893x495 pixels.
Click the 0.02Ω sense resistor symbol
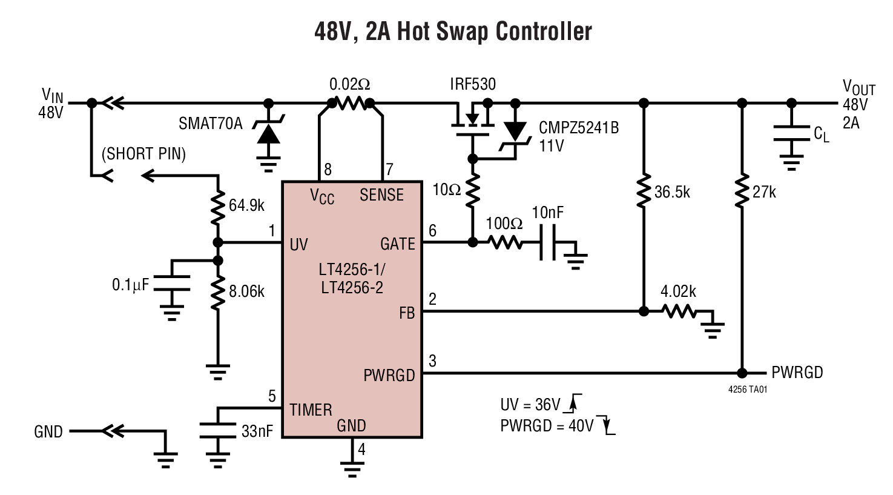point(351,103)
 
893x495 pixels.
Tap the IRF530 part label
point(472,84)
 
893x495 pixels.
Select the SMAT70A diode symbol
point(269,131)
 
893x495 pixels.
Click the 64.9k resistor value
point(246,205)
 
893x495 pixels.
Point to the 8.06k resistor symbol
point(218,291)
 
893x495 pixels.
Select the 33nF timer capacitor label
point(257,431)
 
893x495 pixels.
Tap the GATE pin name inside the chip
point(397,244)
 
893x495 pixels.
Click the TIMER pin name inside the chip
point(311,410)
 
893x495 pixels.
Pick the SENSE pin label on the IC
point(381,195)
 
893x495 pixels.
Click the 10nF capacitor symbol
point(549,243)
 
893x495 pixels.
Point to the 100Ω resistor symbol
point(505,242)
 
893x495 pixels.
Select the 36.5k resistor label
point(672,193)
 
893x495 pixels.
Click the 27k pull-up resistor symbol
point(741,192)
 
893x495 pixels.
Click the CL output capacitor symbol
point(791,134)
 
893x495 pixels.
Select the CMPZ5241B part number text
point(579,128)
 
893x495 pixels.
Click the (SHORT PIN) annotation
point(143,154)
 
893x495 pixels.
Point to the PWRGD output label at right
point(797,373)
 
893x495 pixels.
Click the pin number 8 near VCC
point(328,170)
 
